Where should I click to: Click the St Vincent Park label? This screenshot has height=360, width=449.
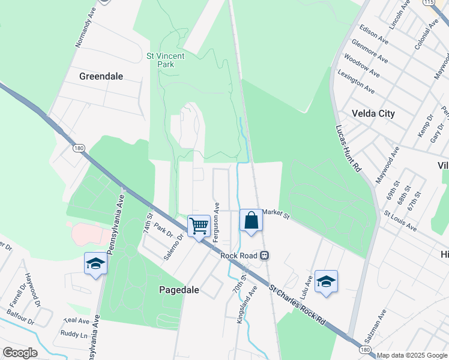tap(166, 59)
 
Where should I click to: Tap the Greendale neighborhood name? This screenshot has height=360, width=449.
tap(101, 76)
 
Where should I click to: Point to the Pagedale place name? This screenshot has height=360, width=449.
tap(179, 290)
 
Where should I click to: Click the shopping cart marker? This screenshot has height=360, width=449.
tap(199, 227)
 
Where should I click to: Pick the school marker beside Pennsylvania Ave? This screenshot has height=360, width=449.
tap(95, 264)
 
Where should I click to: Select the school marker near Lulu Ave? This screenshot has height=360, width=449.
tap(325, 281)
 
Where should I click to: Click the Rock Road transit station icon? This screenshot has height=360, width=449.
tap(264, 256)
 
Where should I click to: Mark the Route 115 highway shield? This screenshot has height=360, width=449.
tap(428, 2)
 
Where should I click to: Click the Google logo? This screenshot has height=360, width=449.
tap(20, 353)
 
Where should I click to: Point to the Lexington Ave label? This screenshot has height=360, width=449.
tap(356, 82)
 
